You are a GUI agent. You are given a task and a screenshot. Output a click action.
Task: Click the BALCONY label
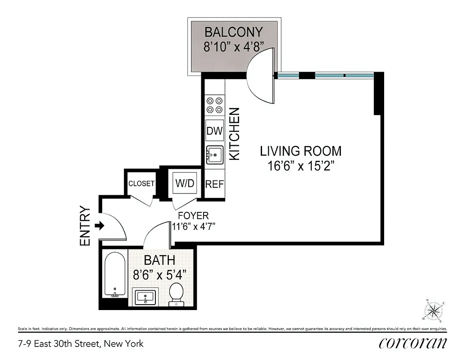[x=233, y=32]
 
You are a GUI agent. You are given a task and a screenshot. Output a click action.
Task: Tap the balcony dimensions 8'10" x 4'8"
[x=233, y=47]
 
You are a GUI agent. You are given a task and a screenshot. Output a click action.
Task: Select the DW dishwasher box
[x=215, y=131]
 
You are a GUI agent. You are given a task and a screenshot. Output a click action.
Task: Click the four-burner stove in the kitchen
[x=215, y=105]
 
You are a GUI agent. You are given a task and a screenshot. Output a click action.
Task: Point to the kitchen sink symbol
[x=215, y=155]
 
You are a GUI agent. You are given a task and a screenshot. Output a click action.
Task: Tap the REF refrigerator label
[x=215, y=184]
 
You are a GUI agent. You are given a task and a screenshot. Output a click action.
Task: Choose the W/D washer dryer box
[x=185, y=184]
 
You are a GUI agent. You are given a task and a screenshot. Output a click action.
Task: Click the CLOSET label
[x=141, y=184]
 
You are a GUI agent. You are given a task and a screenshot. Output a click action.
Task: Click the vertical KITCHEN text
[x=235, y=134]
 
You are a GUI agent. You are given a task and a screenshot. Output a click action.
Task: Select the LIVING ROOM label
[x=301, y=151]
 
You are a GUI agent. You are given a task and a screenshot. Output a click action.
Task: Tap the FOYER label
[x=193, y=216]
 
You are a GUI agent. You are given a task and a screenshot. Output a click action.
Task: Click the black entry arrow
[x=100, y=226]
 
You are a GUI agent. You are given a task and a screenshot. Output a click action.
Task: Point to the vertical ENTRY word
[x=85, y=226]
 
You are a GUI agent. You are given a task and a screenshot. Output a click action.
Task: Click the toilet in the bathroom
[x=177, y=294]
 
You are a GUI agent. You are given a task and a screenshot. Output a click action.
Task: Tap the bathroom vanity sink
[x=145, y=297]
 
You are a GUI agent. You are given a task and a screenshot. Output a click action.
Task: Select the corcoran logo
[x=413, y=343]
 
